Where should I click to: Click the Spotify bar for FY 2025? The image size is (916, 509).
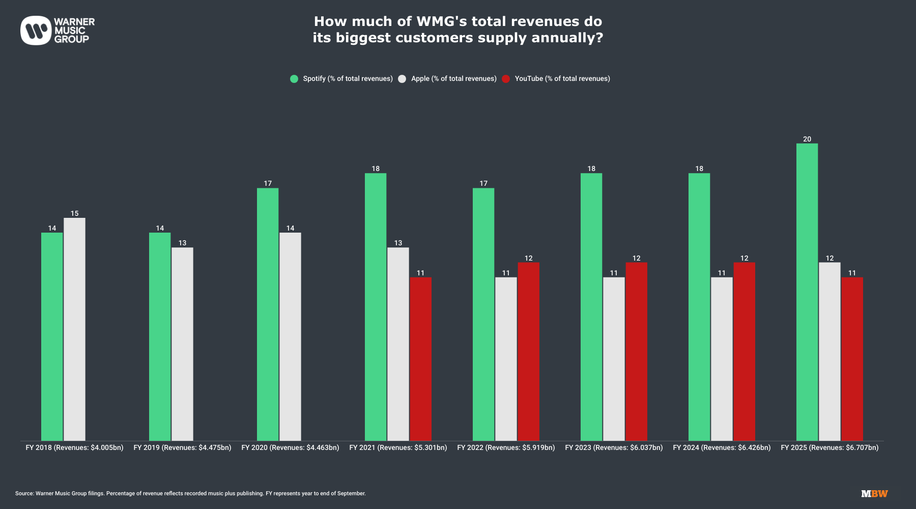click(x=807, y=292)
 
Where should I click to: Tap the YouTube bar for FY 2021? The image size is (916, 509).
click(x=420, y=359)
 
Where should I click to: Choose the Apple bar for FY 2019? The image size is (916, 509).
click(x=182, y=344)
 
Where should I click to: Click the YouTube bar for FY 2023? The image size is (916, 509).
click(x=636, y=352)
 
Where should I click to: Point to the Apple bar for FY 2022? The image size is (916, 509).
click(x=506, y=359)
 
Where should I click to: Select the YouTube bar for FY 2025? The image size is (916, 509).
click(x=852, y=359)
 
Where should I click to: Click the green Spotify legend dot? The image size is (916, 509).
click(x=294, y=79)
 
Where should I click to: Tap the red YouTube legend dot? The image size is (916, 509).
click(x=506, y=79)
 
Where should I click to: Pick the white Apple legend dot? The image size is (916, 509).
click(x=402, y=79)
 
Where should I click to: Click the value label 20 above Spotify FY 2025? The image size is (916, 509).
click(x=807, y=139)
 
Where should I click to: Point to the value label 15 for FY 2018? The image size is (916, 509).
click(x=74, y=214)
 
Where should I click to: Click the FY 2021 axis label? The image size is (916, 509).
click(x=398, y=448)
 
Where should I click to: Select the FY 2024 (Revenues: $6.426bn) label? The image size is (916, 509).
click(x=722, y=448)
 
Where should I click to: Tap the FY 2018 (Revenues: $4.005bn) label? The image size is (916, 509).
click(x=74, y=448)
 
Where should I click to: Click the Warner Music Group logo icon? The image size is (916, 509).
click(x=36, y=31)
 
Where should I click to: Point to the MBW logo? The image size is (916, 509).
click(x=874, y=494)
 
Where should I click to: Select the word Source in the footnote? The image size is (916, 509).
click(x=24, y=494)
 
